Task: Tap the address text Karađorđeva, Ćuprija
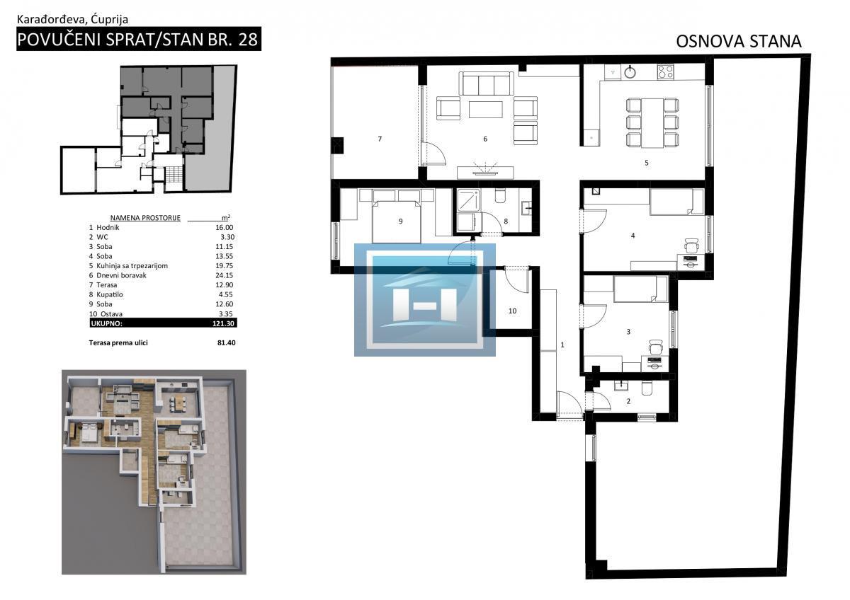pyautogui.click(x=72, y=20)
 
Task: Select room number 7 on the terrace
pyautogui.click(x=380, y=139)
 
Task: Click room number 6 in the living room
pyautogui.click(x=485, y=139)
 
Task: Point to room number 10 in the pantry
pyautogui.click(x=512, y=311)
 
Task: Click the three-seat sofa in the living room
pyautogui.click(x=486, y=83)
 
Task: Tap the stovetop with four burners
pyautogui.click(x=666, y=71)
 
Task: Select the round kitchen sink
pyautogui.click(x=630, y=71)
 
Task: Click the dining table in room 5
pyautogui.click(x=652, y=123)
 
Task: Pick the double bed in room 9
pyautogui.click(x=397, y=221)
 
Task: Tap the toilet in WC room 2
pyautogui.click(x=647, y=388)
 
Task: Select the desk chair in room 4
pyautogui.click(x=692, y=246)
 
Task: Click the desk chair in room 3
pyautogui.click(x=656, y=347)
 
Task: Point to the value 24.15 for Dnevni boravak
pyautogui.click(x=225, y=275)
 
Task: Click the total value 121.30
pyautogui.click(x=224, y=323)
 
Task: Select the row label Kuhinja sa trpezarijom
pyautogui.click(x=132, y=266)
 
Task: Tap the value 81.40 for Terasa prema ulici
pyautogui.click(x=227, y=342)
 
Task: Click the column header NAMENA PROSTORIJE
pyautogui.click(x=145, y=218)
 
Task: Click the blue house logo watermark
pyautogui.click(x=424, y=300)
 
